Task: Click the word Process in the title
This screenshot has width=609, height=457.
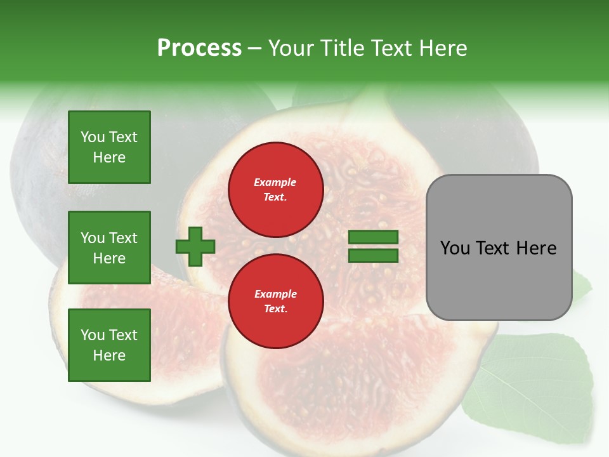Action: coord(199,48)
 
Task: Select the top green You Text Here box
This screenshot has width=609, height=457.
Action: coord(109,147)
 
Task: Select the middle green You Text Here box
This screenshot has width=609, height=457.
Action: coord(109,248)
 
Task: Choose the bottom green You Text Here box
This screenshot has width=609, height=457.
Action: coord(109,345)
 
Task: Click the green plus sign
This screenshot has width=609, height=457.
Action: coord(195,246)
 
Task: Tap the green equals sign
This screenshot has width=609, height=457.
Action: coord(374,246)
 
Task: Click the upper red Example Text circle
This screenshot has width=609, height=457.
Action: coord(275,189)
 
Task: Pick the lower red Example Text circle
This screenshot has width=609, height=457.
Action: coord(275,301)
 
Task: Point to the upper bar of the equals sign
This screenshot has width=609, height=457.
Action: coord(374,237)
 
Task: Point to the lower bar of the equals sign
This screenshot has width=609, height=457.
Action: coord(374,255)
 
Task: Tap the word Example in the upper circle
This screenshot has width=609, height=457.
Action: coord(275,182)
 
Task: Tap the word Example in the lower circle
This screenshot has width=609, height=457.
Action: coord(275,294)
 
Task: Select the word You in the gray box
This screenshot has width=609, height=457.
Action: coord(455,248)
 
